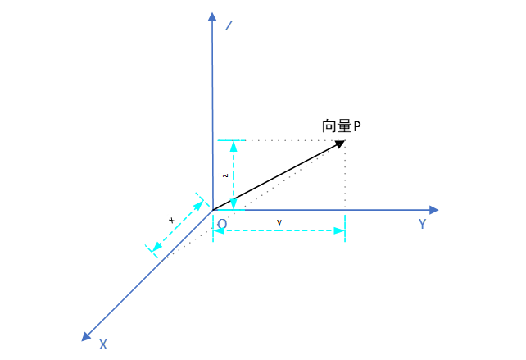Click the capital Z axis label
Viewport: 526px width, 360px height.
pos(229,26)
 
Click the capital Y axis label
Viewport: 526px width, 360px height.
pos(422,224)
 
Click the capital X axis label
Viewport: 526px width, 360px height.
pos(103,344)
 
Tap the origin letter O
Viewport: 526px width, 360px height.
pos(222,223)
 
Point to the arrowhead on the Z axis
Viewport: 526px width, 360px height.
pos(212,16)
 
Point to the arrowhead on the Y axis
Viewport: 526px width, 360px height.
pos(434,210)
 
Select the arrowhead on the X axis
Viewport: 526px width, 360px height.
pos(86,336)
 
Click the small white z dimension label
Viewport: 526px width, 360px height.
pos(224,175)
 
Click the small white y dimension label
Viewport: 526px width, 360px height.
pos(279,221)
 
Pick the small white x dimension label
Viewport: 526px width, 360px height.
pos(171,220)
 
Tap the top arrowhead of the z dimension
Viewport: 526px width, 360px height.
pos(234,145)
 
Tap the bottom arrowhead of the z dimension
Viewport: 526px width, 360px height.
pos(234,204)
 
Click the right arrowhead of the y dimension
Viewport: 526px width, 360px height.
pos(338,230)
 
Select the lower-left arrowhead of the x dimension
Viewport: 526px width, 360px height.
pos(154,247)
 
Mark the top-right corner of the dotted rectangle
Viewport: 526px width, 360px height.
pos(345,140)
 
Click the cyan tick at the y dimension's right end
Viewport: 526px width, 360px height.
pos(345,228)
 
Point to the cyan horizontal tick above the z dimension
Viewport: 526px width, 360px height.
pos(231,140)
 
